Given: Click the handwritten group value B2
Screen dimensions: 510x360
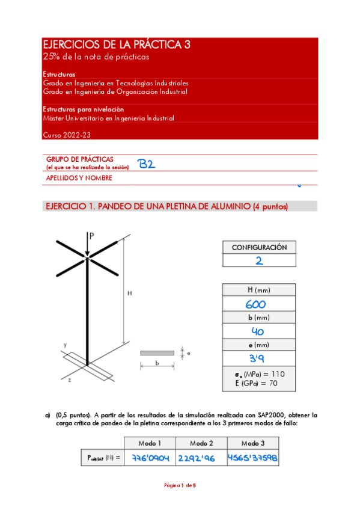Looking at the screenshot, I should coord(146,164).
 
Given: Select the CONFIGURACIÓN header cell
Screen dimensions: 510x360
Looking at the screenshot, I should coord(259,247).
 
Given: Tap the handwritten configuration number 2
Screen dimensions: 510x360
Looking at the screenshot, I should coord(259,261).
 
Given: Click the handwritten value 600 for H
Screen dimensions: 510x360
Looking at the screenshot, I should coord(259,305).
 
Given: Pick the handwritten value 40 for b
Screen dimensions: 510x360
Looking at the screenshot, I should coord(259,331).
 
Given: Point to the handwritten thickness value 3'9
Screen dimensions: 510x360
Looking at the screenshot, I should coord(259,358).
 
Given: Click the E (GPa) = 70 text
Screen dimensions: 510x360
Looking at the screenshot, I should coord(260,383).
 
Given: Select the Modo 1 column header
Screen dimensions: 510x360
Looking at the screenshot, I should coord(150,443).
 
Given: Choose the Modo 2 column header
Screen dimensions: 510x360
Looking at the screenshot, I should coord(201,443).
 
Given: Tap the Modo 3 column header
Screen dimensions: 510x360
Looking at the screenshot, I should coord(252,443).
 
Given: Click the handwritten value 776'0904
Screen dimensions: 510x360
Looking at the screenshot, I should coord(150,458).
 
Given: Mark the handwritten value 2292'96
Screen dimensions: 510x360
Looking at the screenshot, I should coord(201,458).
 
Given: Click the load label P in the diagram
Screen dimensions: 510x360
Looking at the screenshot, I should coord(91,236).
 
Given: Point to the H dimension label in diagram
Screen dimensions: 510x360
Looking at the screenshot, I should coord(129,293).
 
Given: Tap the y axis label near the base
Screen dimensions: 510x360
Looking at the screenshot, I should coord(64,345).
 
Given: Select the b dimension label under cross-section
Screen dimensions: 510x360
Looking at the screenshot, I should coord(157,363).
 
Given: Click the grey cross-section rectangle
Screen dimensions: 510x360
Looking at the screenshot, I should coord(157,353).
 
